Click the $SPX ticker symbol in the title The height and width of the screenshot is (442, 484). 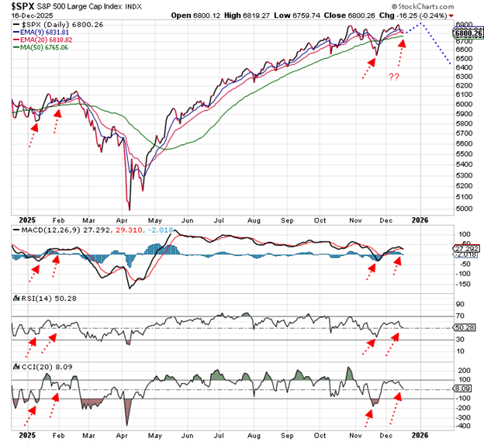pos(22,6)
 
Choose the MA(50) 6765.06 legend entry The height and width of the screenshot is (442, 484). pos(46,47)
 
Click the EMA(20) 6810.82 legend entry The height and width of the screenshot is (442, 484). pos(49,40)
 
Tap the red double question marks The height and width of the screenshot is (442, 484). pos(395,78)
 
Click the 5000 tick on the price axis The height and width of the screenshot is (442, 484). pos(463,208)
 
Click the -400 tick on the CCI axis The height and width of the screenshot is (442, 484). pos(462,426)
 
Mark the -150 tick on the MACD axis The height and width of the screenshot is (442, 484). pos(462,285)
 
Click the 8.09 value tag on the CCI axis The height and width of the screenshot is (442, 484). pos(464,388)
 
